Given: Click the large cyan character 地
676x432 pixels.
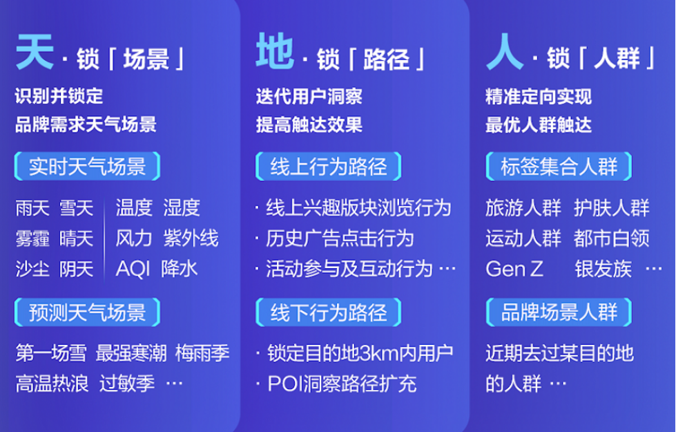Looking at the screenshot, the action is (275, 51).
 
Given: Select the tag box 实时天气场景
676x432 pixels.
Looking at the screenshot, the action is (87, 166).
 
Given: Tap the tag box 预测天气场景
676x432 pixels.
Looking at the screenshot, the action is (87, 312).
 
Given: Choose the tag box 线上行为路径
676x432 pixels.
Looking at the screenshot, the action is (328, 166).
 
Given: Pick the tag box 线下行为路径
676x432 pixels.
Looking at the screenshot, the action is (328, 312).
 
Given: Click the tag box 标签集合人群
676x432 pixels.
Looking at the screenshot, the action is (559, 166).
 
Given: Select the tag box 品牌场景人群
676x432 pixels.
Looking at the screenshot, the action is (559, 312).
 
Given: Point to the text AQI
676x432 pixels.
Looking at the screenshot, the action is (133, 270).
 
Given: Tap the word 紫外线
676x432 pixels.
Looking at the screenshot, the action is (191, 238).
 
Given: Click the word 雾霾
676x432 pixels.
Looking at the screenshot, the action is (32, 238).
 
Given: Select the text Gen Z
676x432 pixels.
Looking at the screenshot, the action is (514, 270).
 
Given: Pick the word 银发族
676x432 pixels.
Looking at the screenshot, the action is (603, 270).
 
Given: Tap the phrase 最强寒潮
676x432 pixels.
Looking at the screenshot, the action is (131, 353).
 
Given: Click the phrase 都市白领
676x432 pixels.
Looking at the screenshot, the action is (612, 238).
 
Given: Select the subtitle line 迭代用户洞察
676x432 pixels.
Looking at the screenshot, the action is (309, 96).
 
